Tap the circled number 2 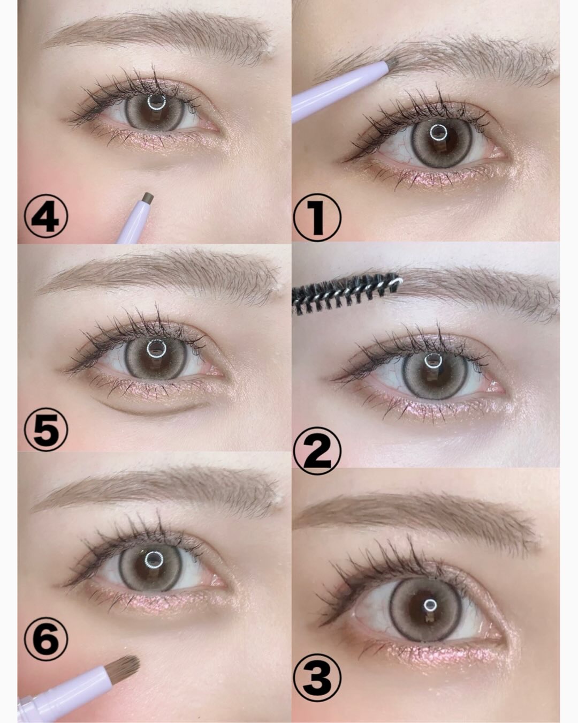[x=317, y=450]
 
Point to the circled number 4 [x=46, y=216]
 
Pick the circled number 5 [x=46, y=428]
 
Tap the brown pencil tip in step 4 [x=148, y=198]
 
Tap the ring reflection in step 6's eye [x=154, y=559]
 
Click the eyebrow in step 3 [x=416, y=519]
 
